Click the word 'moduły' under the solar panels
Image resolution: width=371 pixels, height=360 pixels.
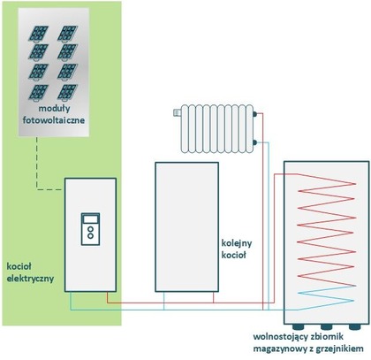[55, 109]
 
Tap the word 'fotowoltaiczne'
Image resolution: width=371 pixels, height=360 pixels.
[54, 120]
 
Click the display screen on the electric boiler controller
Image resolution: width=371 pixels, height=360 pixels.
[90, 219]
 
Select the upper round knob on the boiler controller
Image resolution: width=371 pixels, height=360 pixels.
[91, 229]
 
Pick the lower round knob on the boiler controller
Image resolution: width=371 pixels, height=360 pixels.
[91, 236]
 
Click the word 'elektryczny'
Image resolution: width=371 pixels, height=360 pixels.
[30, 279]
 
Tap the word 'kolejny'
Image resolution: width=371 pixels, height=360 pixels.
[237, 243]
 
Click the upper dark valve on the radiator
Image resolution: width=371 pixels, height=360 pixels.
[255, 113]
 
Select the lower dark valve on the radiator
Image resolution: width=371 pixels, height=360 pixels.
[255, 142]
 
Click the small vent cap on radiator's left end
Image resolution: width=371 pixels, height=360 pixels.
[178, 112]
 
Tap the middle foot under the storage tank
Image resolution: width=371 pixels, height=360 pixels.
[326, 326]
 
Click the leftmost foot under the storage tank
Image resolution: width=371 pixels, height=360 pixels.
[298, 326]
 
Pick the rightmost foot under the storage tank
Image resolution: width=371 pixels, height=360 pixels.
[354, 326]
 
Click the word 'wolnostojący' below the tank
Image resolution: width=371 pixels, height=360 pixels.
[280, 337]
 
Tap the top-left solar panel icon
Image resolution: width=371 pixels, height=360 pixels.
[39, 34]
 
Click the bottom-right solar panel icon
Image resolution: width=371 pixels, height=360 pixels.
[67, 92]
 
